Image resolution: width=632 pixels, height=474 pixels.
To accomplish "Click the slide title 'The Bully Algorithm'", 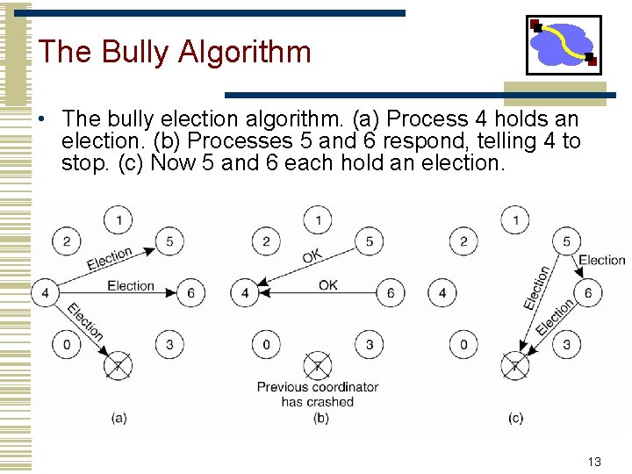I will click(x=175, y=52).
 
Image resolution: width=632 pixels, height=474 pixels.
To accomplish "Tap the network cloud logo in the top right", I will click(x=563, y=45).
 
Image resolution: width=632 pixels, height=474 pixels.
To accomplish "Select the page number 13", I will click(x=594, y=462).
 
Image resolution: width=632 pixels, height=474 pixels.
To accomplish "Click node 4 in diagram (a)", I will click(x=45, y=292).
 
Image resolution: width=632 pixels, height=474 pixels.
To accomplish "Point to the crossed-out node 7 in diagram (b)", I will click(x=318, y=364).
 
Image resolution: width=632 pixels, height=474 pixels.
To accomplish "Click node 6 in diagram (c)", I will click(x=588, y=292).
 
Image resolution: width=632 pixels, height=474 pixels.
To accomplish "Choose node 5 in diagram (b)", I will click(x=370, y=241).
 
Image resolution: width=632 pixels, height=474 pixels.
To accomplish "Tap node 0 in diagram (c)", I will click(x=464, y=344).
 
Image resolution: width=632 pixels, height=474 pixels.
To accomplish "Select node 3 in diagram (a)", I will click(x=169, y=344).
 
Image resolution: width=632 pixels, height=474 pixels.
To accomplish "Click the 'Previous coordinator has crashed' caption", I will click(x=317, y=394).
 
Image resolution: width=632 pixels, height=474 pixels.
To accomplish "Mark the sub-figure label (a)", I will click(x=119, y=418).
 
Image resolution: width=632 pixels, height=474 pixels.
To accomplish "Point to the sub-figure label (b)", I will click(x=321, y=418).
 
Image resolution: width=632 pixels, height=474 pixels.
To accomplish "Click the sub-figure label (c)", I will click(x=515, y=418).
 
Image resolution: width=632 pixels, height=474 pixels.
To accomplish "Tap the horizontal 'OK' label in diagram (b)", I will click(x=327, y=285).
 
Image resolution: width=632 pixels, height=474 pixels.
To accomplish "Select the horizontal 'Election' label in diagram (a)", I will click(x=130, y=285).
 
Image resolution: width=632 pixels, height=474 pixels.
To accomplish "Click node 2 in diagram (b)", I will click(x=267, y=241).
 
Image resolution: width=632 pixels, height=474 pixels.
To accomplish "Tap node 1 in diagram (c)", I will click(x=515, y=218).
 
